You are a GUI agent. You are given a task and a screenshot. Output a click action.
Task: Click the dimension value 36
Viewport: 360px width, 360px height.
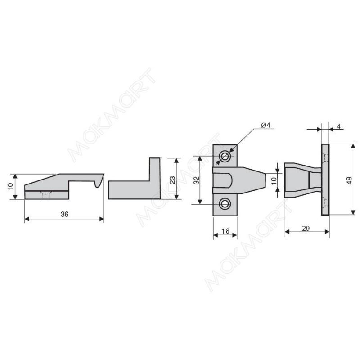click(x=64, y=214)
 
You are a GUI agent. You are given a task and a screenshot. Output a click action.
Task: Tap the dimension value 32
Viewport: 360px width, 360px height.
click(x=197, y=180)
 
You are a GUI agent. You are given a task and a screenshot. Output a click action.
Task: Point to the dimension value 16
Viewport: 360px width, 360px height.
click(x=225, y=231)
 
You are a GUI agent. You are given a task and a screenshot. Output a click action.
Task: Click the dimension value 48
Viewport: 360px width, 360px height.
click(x=349, y=180)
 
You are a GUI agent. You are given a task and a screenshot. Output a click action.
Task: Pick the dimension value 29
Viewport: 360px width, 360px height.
click(x=306, y=229)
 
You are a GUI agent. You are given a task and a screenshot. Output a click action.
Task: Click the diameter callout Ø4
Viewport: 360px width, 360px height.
click(x=266, y=125)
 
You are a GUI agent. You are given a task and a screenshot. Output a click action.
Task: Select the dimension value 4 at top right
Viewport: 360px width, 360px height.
click(x=339, y=126)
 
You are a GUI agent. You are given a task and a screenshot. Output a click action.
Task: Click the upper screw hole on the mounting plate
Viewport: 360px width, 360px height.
click(x=225, y=156)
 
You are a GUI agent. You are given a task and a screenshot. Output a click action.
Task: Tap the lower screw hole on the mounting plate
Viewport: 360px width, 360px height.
click(x=225, y=204)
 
